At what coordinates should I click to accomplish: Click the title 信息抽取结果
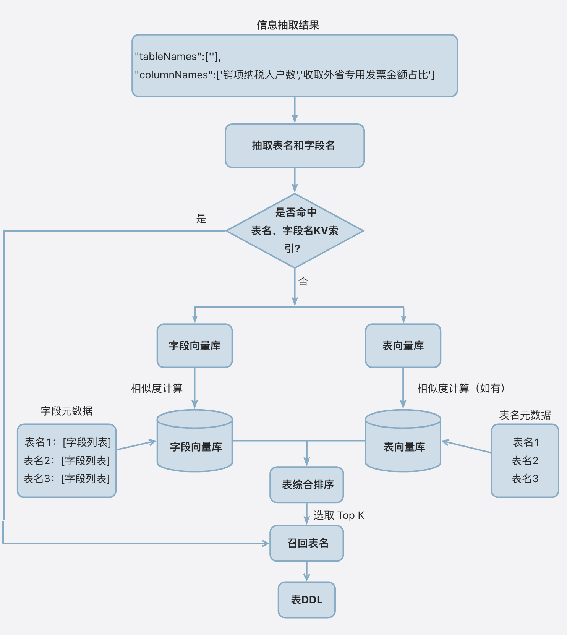(x=288, y=25)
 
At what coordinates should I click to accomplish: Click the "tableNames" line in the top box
(x=178, y=57)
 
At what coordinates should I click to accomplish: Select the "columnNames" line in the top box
(x=284, y=75)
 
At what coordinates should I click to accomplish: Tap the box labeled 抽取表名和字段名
(x=294, y=146)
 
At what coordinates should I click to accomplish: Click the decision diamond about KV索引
(x=294, y=231)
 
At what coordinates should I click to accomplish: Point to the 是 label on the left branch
(x=201, y=219)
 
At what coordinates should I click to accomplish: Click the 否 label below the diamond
(x=303, y=282)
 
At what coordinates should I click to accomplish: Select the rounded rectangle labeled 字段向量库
(x=194, y=346)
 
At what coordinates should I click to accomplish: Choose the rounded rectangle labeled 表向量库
(x=403, y=346)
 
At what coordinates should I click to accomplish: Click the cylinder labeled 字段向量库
(x=195, y=446)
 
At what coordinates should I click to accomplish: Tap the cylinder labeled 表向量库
(x=403, y=446)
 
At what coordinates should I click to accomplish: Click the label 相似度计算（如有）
(x=462, y=389)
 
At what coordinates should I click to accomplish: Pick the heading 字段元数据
(x=67, y=411)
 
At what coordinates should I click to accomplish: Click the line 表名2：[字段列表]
(x=66, y=461)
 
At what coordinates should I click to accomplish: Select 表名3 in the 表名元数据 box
(x=525, y=479)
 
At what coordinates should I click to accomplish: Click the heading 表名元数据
(x=525, y=415)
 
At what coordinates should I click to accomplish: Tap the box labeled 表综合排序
(x=307, y=485)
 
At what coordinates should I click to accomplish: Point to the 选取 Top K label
(x=339, y=515)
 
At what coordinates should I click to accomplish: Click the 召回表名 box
(x=307, y=543)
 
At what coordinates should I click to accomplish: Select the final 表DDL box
(x=306, y=600)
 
